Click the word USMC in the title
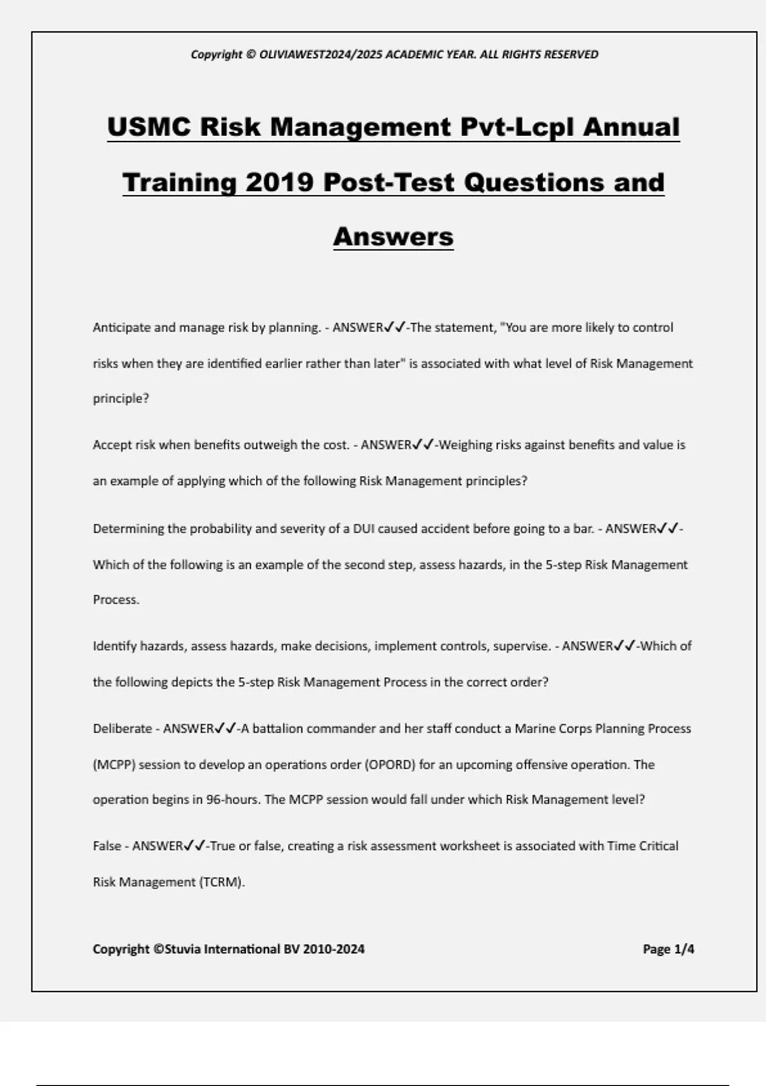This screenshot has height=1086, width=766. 149,126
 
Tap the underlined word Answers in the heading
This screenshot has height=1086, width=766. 393,236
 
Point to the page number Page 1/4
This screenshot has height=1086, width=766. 668,949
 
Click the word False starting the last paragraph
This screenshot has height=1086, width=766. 107,846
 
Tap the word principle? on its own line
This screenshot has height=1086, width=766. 121,399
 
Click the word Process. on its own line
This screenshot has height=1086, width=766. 116,600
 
